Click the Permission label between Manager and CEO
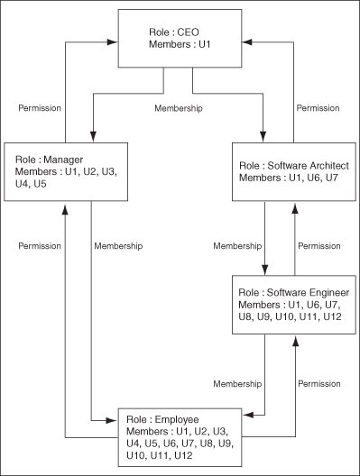pyautogui.click(x=40, y=108)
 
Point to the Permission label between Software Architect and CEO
pyautogui.click(x=318, y=108)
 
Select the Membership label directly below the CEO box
pyautogui.click(x=180, y=108)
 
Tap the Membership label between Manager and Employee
pyautogui.click(x=118, y=245)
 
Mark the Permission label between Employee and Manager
pyautogui.click(x=40, y=245)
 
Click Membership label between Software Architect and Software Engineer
pyautogui.click(x=237, y=245)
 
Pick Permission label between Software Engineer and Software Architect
pyautogui.click(x=318, y=245)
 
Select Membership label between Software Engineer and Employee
pyautogui.click(x=237, y=384)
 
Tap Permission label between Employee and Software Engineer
pyautogui.click(x=318, y=384)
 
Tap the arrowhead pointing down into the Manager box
pyautogui.click(x=92, y=136)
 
